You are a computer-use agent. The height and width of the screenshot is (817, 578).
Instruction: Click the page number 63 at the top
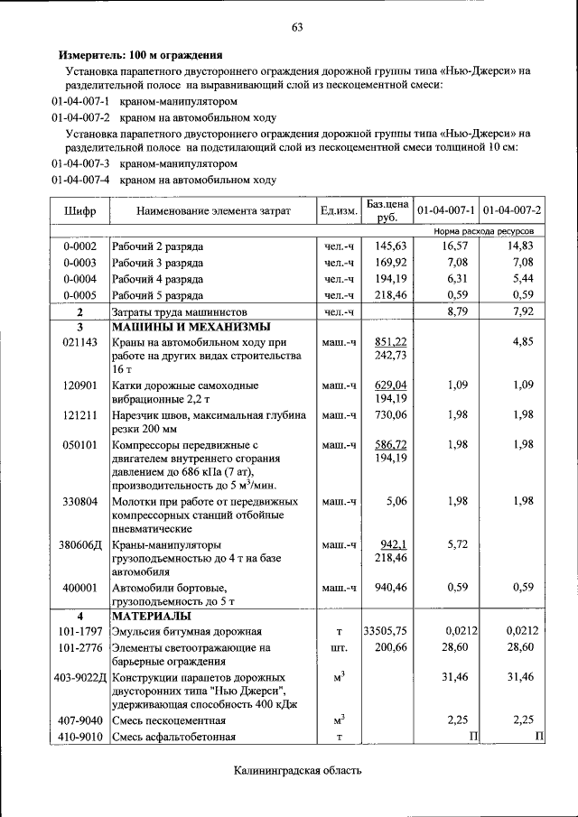296,27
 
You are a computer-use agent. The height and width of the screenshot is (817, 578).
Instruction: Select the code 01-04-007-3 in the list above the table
80,164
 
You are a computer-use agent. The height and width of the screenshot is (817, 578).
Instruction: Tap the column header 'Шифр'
79,211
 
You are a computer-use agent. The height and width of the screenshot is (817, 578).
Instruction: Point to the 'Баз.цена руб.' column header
387,211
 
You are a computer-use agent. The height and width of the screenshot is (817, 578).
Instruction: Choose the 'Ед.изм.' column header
340,211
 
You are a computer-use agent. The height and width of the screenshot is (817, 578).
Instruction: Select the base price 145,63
391,246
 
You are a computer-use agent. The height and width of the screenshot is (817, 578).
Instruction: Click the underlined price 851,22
391,342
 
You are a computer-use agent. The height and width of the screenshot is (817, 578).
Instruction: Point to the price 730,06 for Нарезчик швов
391,414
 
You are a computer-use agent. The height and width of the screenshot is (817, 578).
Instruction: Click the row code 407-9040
79,720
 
